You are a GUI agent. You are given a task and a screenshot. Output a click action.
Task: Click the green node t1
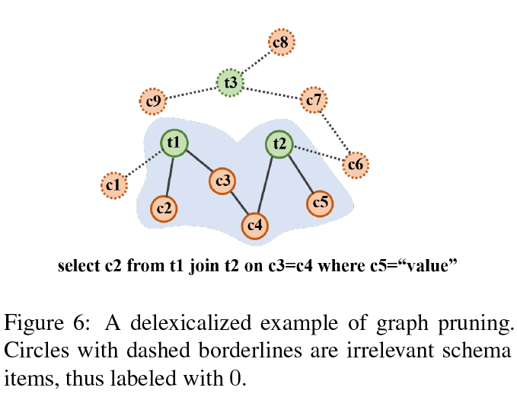pos(174,143)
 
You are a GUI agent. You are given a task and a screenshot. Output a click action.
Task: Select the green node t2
pos(280,143)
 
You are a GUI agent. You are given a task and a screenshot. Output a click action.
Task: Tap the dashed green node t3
pos(230,82)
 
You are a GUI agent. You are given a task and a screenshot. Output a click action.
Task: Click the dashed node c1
pos(113,184)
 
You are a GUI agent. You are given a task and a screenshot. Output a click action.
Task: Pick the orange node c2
pos(164,208)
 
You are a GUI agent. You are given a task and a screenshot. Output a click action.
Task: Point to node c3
pos(223,181)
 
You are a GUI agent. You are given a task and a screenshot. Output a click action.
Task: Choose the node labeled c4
pos(255,225)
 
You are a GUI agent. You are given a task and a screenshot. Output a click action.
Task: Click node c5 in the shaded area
pos(320,203)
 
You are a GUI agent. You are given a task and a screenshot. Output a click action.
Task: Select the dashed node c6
pos(356,164)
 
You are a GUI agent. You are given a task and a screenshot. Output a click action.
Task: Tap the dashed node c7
pos(313,99)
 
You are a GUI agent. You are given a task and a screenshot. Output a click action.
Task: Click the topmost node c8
pos(280,43)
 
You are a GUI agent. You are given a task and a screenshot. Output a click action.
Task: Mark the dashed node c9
pos(152,101)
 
